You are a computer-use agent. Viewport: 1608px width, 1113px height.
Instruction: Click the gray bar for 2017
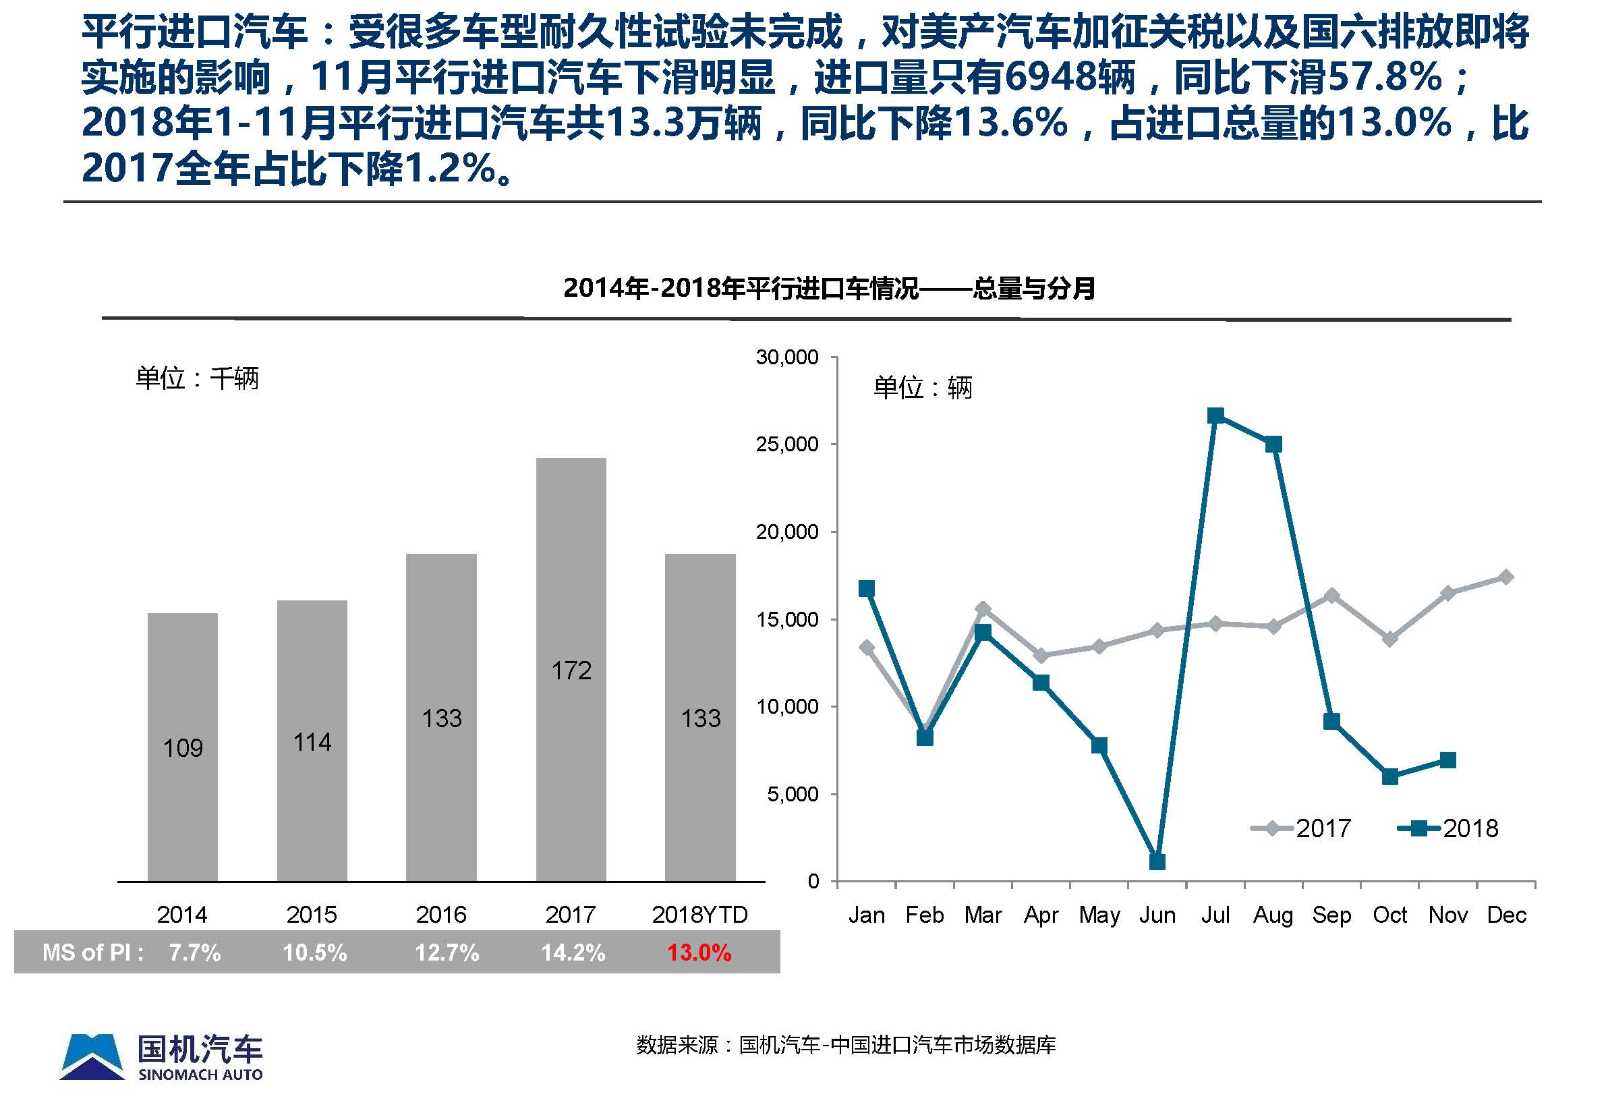point(571,669)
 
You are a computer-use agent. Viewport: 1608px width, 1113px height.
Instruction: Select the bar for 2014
point(183,746)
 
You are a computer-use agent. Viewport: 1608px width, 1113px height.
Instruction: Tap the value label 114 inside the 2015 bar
point(312,742)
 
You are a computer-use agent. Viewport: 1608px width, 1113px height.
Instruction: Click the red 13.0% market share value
point(699,952)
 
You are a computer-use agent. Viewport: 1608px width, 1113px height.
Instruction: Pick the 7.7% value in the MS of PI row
point(194,952)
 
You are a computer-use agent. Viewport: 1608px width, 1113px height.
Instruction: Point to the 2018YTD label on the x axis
point(699,914)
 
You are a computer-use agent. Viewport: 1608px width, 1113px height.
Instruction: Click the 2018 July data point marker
point(1215,416)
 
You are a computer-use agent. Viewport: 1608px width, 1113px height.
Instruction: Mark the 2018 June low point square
point(1157,862)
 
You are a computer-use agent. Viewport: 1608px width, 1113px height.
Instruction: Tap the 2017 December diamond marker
point(1506,577)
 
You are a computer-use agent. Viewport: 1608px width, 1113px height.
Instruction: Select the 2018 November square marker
point(1447,760)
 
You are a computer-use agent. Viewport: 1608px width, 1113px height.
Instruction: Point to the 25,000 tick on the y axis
point(786,445)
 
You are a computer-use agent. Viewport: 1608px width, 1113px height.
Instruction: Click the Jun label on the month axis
point(1157,915)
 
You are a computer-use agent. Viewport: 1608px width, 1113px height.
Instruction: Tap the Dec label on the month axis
point(1506,915)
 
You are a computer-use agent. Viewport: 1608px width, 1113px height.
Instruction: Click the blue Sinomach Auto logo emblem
point(92,1056)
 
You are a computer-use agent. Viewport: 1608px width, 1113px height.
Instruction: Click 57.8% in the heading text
point(1383,78)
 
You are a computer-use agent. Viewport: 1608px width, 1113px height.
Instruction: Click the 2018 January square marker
point(867,589)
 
